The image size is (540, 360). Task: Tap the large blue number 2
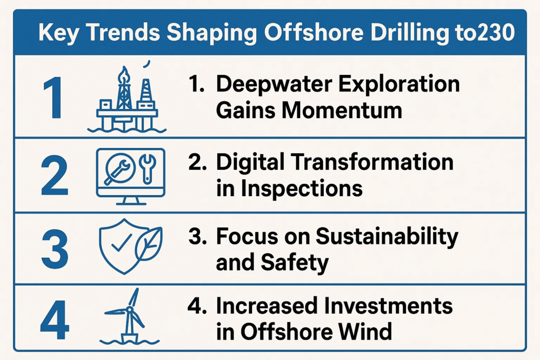[54, 176]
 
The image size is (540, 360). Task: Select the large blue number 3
[54, 248]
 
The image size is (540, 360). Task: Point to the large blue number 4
[54, 320]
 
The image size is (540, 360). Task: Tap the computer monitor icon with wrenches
[131, 176]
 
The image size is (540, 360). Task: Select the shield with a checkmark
[121, 247]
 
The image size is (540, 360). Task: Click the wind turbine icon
[130, 317]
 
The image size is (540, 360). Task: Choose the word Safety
[295, 264]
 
